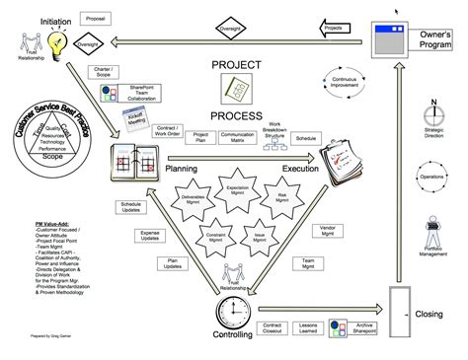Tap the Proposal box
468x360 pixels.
coord(124,19)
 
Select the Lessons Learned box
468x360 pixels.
coord(312,327)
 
